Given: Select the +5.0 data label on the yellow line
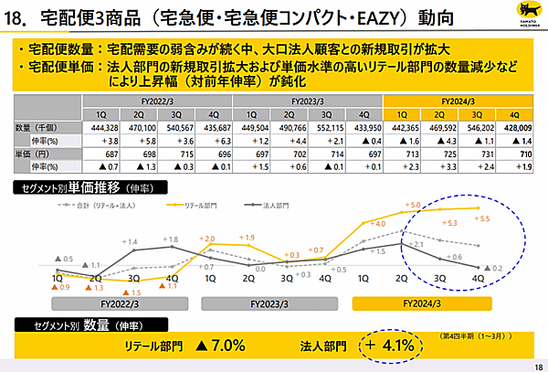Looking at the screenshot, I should [x=411, y=204].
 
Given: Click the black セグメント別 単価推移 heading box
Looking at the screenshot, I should [x=78, y=187].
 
